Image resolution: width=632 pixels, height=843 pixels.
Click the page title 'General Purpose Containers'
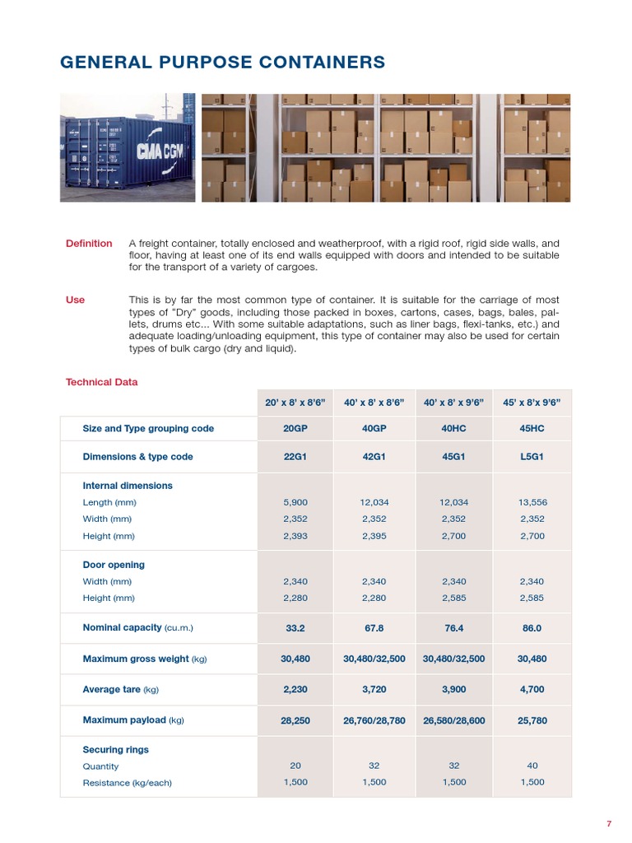tap(222, 63)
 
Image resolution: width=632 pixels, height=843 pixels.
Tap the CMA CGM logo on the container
tap(160, 151)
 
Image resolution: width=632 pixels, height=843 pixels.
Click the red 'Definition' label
tap(89, 244)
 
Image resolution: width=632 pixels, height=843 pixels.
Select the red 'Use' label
tap(75, 300)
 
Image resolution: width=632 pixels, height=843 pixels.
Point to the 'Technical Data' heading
tap(101, 382)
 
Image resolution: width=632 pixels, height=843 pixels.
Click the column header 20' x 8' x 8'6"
tap(295, 403)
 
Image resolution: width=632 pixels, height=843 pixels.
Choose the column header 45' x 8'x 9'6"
tap(532, 403)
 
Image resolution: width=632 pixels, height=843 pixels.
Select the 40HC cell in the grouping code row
tap(453, 429)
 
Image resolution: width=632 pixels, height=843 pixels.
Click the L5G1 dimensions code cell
tap(532, 457)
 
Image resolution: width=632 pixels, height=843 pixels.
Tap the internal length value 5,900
tap(295, 502)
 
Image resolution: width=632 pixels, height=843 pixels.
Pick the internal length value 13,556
tap(532, 502)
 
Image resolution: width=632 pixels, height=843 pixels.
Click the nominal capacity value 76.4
tap(453, 628)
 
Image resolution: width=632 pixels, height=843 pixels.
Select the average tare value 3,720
tap(374, 690)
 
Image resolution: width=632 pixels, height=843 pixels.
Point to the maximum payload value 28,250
tap(295, 720)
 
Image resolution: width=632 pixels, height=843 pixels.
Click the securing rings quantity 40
tap(532, 766)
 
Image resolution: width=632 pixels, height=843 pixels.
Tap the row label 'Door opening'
tap(114, 565)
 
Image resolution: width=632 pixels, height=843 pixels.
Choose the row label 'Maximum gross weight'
tap(136, 659)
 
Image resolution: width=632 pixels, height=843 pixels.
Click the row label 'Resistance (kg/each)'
tap(127, 783)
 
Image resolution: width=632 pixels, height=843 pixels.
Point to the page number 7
tap(609, 824)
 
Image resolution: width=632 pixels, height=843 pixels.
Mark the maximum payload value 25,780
tap(532, 720)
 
